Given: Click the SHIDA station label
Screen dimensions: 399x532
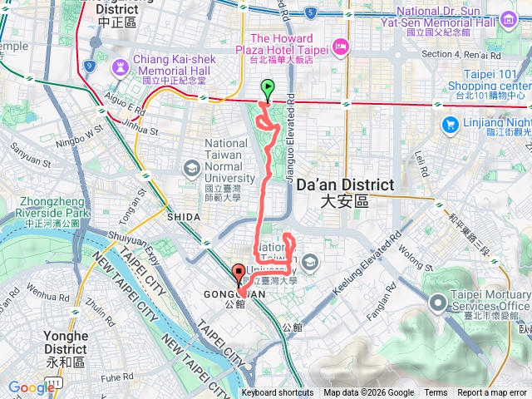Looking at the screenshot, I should click(183, 217).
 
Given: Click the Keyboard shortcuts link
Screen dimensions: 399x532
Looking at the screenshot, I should click(278, 393).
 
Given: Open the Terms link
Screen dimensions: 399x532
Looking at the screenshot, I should click(436, 393).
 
